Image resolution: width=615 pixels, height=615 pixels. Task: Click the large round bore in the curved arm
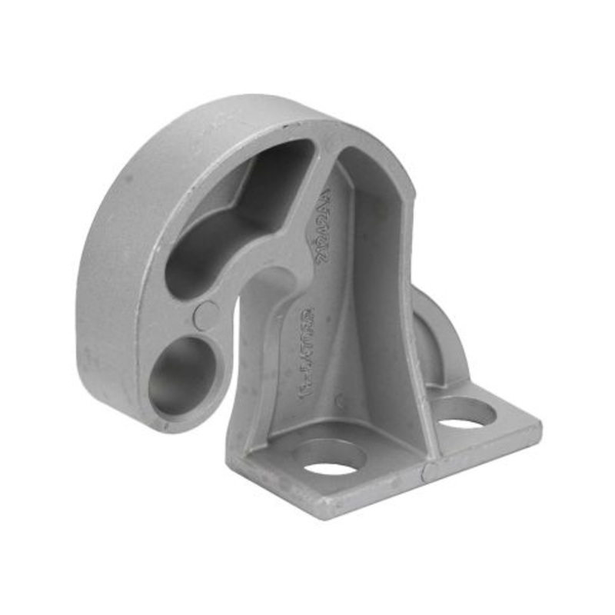182,374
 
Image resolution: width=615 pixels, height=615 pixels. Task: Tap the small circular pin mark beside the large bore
206,315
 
